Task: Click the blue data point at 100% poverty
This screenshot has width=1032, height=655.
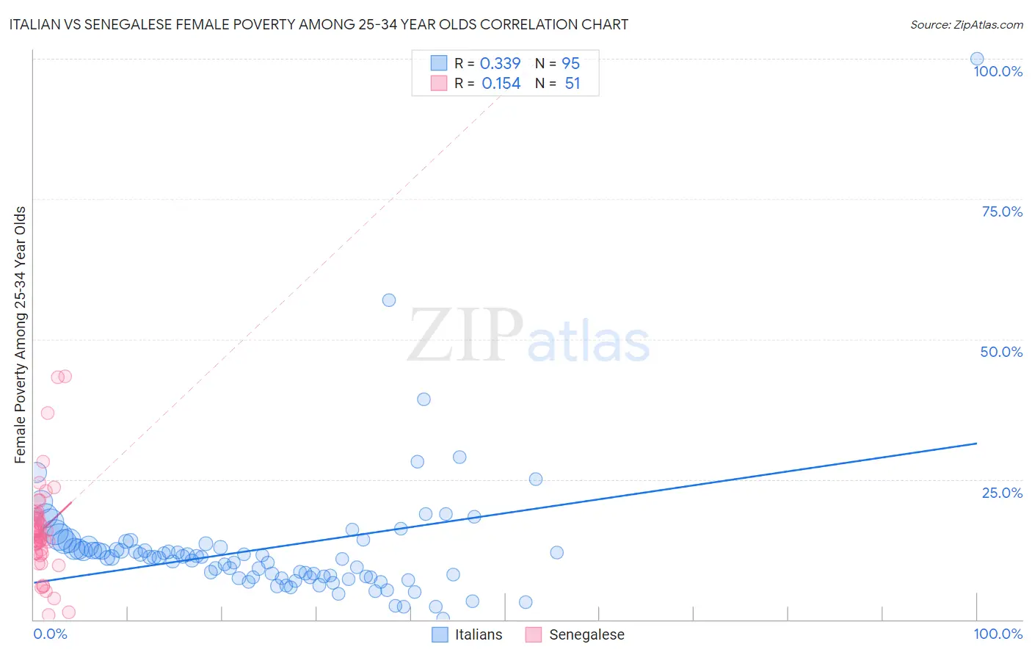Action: [x=976, y=59]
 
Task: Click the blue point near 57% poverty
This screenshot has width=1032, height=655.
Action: [x=389, y=300]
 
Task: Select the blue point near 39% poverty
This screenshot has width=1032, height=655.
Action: [x=424, y=399]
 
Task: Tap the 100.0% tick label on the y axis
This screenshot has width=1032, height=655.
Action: [x=998, y=71]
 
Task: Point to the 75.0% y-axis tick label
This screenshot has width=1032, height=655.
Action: [x=1002, y=211]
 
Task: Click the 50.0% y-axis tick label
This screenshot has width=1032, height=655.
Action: [x=1001, y=352]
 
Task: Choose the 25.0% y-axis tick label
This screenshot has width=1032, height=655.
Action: [x=1002, y=492]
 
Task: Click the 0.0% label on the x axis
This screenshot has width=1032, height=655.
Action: [x=50, y=634]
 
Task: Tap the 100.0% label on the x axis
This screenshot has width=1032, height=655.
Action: [x=998, y=634]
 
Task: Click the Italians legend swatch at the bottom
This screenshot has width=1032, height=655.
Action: [x=440, y=634]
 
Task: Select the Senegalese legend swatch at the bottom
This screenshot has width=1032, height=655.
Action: [x=534, y=634]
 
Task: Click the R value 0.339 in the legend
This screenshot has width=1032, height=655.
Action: [x=500, y=63]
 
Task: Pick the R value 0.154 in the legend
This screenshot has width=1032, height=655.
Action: [x=501, y=84]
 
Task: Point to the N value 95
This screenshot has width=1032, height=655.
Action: [x=570, y=63]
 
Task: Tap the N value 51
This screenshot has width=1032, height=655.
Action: [x=573, y=84]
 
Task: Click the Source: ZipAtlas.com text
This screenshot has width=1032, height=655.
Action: [x=966, y=24]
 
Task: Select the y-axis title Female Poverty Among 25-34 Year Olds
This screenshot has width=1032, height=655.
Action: [x=21, y=335]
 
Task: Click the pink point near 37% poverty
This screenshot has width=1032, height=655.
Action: [x=48, y=413]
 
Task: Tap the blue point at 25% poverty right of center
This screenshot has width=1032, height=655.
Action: [x=536, y=479]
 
